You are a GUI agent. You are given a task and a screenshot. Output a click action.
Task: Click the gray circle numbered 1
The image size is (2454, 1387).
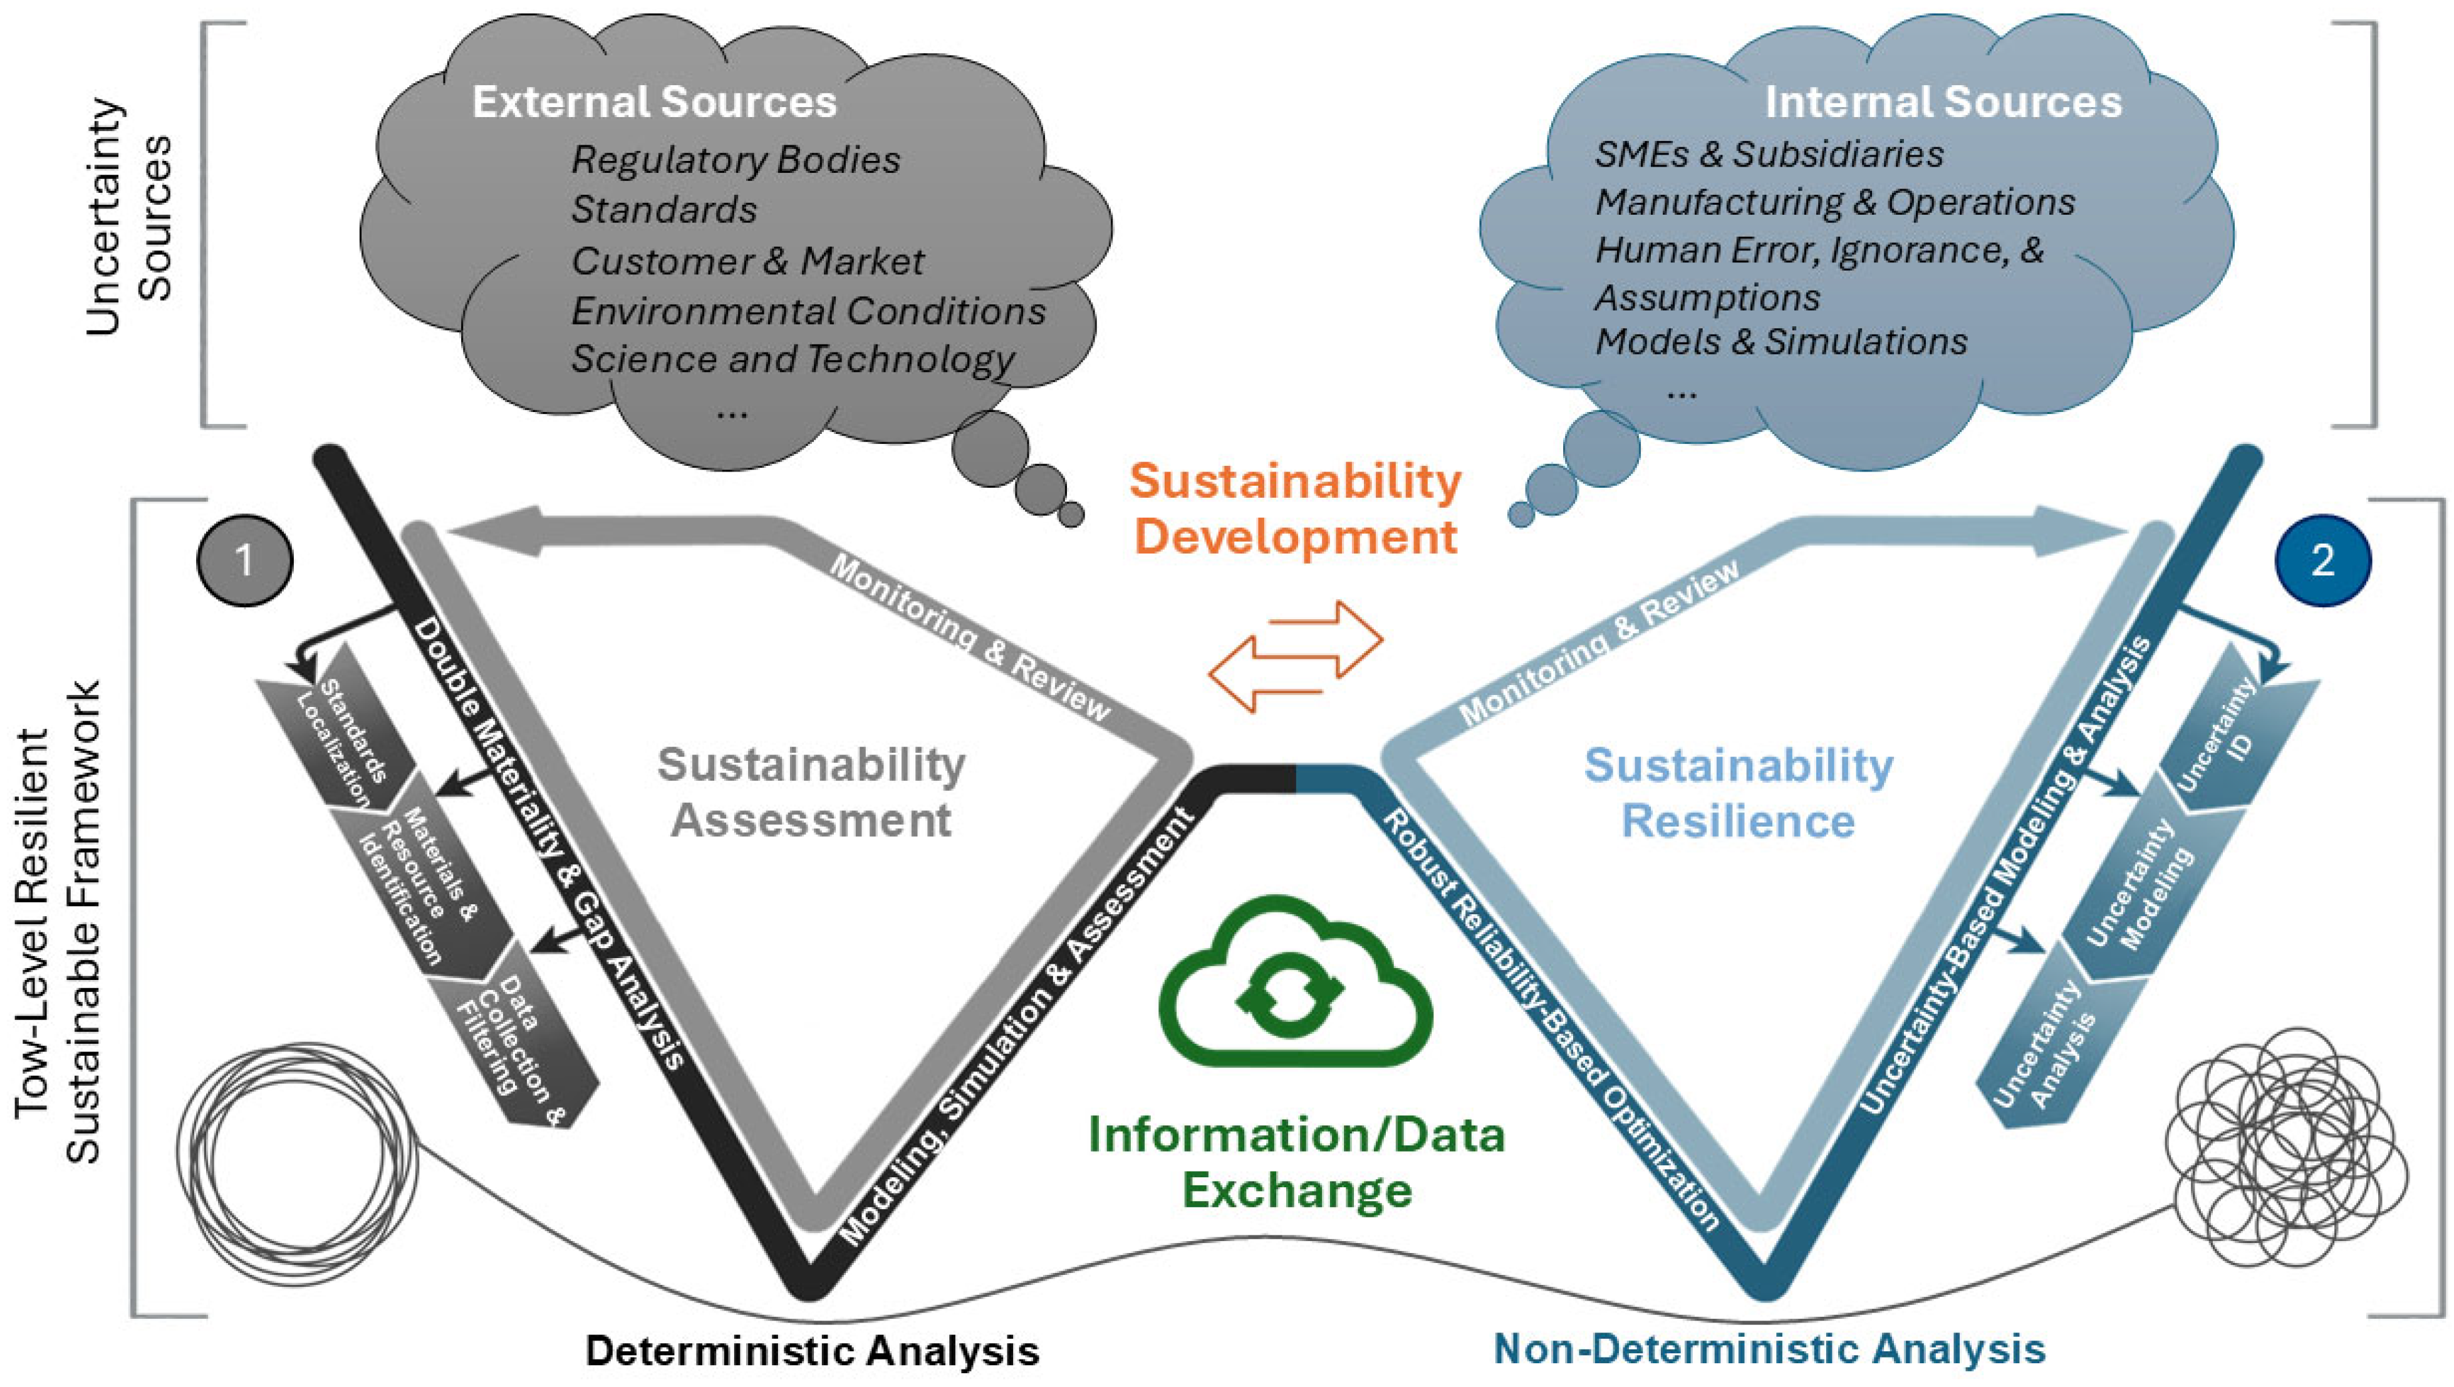[x=245, y=560]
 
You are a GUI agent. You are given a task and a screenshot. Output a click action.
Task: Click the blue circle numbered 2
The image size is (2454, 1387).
[x=2322, y=560]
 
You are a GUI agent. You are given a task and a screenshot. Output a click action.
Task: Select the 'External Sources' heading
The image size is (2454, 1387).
[x=654, y=103]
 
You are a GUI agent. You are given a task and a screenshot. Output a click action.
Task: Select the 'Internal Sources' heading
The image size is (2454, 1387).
[x=1942, y=103]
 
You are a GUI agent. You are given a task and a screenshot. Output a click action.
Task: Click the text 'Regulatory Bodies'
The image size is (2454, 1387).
[x=735, y=160]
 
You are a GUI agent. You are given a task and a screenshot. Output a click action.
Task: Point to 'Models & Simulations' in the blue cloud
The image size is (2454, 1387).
[x=1781, y=342]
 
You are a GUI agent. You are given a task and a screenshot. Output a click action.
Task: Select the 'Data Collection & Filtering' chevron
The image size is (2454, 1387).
[x=519, y=1038]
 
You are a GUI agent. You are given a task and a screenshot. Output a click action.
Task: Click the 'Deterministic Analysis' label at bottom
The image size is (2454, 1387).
[x=812, y=1350]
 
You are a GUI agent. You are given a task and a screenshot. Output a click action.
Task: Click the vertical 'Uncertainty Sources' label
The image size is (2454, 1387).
[x=128, y=217]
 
